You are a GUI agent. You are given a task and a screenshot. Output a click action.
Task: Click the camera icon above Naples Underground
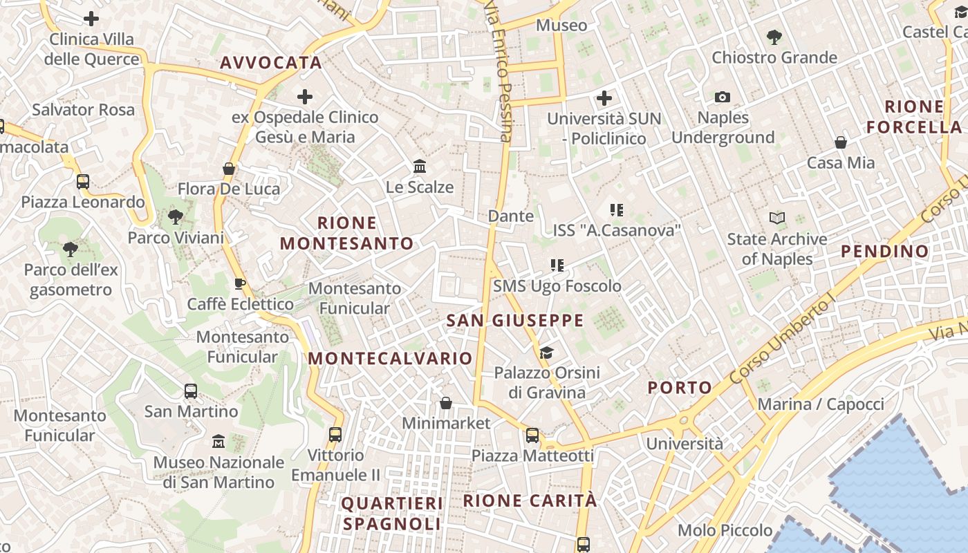pos(723,97)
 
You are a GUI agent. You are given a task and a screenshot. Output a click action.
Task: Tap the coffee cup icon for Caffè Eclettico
pos(240,283)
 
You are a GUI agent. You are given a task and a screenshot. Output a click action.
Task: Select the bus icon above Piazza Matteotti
pos(532,435)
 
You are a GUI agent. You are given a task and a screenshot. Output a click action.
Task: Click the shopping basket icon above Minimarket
pos(446,402)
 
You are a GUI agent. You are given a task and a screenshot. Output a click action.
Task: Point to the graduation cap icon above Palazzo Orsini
pos(546,353)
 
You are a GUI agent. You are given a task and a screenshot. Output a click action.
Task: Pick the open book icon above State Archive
pos(777,218)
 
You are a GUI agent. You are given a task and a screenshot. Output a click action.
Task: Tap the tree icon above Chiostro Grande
pos(774,37)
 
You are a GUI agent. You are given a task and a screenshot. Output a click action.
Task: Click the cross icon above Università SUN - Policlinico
pos(604,98)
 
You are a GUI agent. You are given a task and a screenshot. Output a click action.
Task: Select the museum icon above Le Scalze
pos(420,167)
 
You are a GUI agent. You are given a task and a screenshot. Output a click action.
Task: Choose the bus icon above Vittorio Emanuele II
pos(335,435)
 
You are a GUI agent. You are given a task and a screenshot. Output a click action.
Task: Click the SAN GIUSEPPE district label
pos(515,321)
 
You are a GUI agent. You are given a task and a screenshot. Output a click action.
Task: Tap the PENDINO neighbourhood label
pos(884,251)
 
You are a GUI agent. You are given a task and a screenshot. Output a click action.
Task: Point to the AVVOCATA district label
pos(271,63)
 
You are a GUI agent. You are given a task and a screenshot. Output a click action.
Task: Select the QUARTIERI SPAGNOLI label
pos(391,514)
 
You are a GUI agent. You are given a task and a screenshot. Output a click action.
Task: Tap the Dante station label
pos(511,216)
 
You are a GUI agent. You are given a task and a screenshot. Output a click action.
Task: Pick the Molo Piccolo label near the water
pos(725,530)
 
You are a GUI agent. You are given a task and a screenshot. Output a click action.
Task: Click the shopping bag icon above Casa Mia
pos(841,143)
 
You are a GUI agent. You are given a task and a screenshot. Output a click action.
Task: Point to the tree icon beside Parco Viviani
pos(176,217)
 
